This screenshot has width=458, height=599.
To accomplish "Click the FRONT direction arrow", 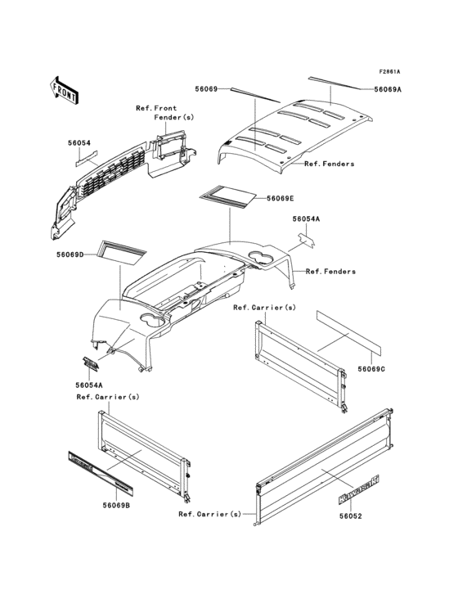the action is point(64,90).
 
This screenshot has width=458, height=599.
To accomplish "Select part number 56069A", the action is point(388,89).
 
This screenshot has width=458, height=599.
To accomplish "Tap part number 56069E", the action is point(281,198).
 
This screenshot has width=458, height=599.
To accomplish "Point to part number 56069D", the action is point(70,254).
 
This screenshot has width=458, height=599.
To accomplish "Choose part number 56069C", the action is point(371,369).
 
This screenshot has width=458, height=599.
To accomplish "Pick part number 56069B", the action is point(116,506).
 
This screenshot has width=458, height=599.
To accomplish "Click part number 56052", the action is point(350,516).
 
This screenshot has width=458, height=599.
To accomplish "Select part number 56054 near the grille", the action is point(79,143).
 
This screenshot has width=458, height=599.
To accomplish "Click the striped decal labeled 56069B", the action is point(101,471).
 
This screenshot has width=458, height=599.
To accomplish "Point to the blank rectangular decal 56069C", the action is point(348,331).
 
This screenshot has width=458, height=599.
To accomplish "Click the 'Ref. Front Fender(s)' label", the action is point(165,113).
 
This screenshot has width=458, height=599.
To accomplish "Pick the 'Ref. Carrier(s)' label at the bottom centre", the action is point(210,514).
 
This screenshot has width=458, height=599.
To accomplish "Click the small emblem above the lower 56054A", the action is point(91,363).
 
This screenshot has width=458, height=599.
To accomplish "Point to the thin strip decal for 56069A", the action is point(334,83).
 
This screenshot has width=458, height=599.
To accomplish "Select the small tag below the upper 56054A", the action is point(306,241).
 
